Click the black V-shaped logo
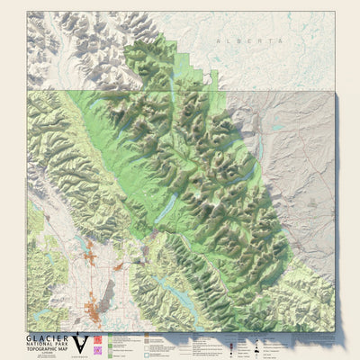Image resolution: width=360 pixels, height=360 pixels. pyautogui.click(x=81, y=342)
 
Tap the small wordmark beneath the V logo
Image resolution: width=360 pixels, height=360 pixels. pyautogui.click(x=81, y=355)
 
